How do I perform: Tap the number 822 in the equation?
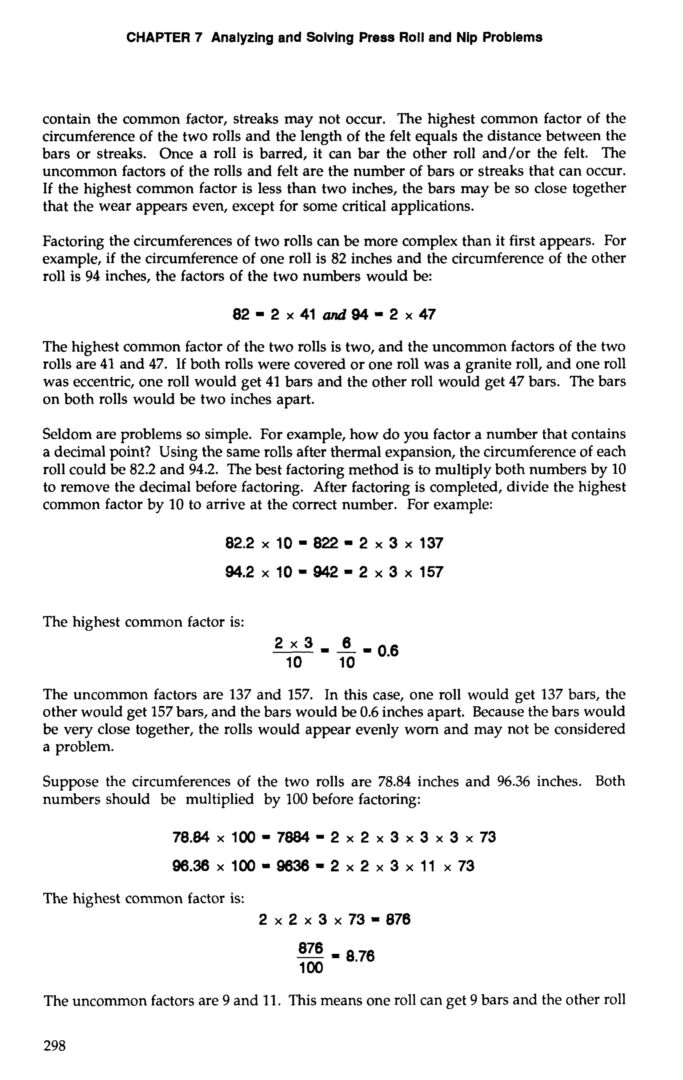tap(325, 544)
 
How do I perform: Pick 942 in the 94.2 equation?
tap(325, 572)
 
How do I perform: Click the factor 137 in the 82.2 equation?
tap(431, 544)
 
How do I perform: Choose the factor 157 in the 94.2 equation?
tap(431, 572)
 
